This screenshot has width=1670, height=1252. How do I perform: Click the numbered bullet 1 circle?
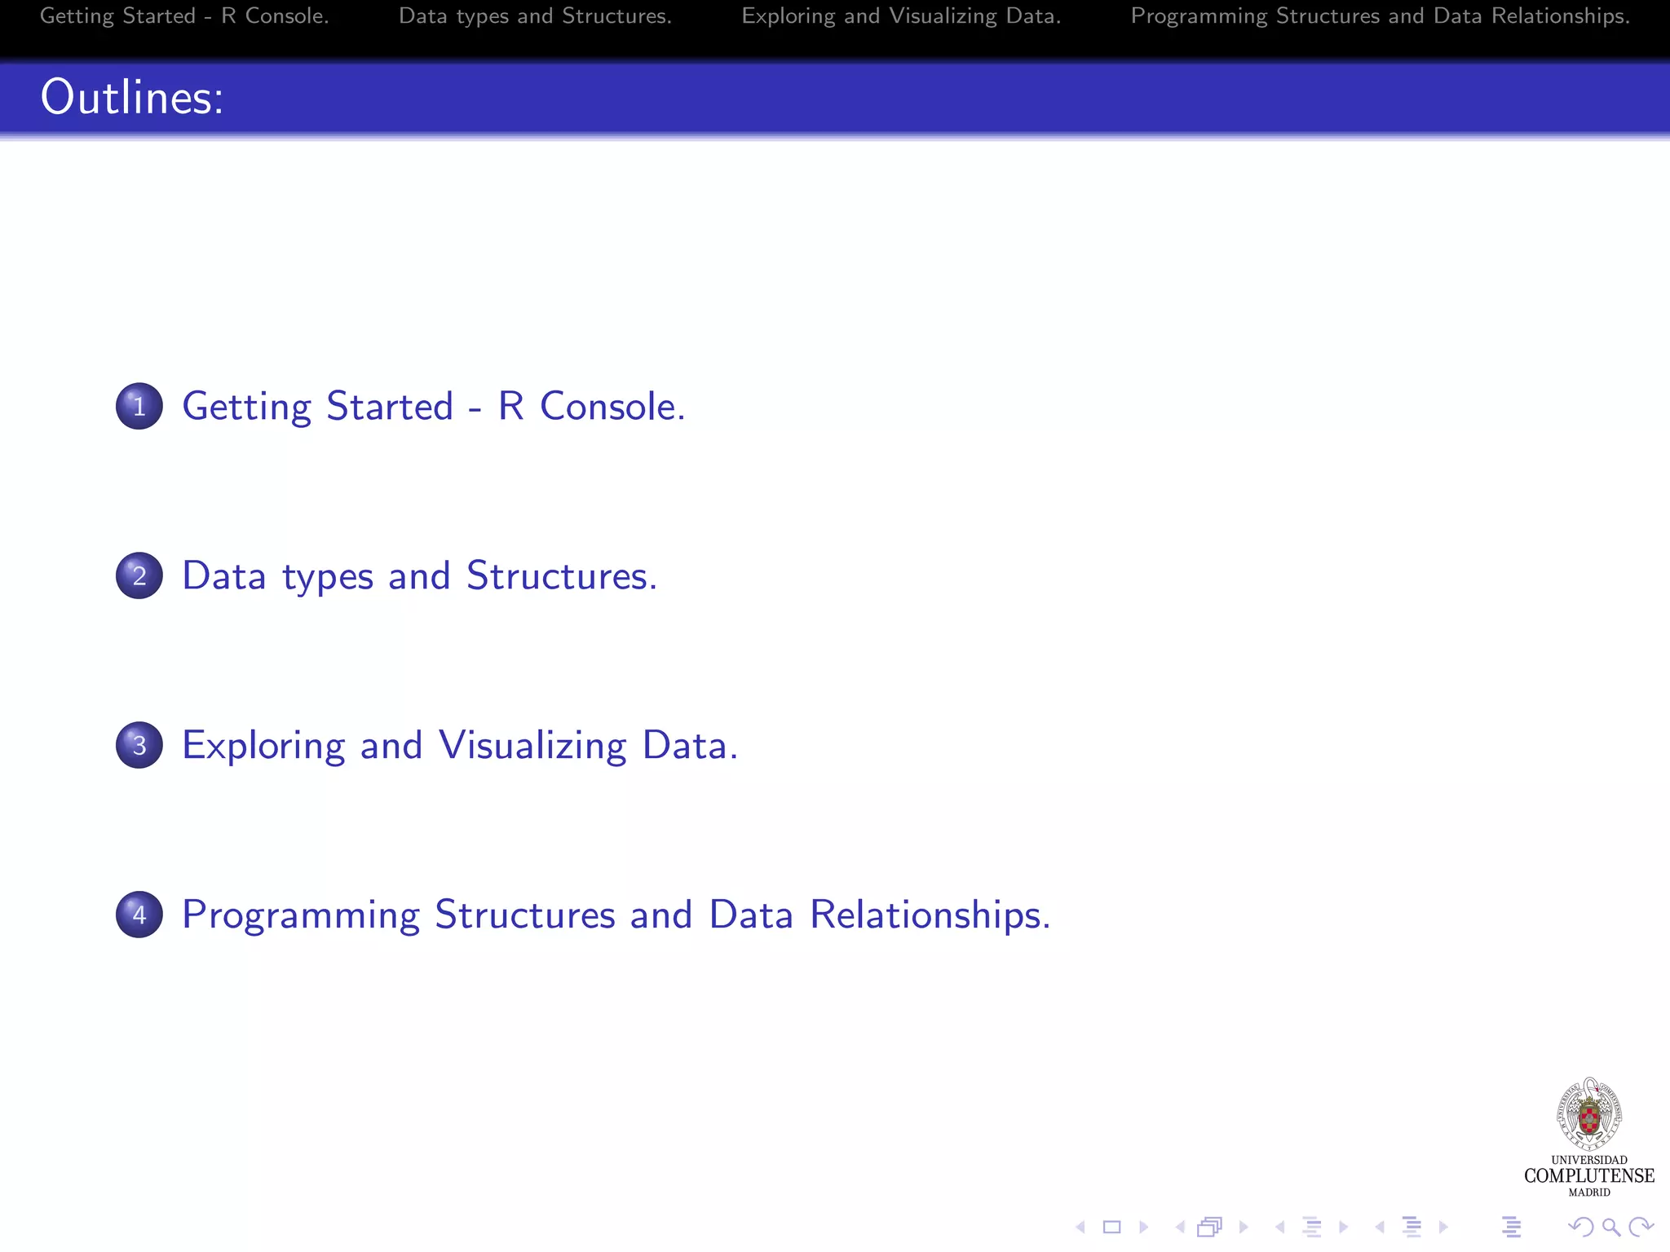[x=139, y=406]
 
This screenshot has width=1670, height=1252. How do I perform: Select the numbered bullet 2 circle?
[x=139, y=575]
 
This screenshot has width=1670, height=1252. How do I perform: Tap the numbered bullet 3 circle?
[x=139, y=745]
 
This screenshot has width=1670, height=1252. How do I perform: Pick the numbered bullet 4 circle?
[x=139, y=915]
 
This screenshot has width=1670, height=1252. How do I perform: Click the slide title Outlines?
[x=132, y=97]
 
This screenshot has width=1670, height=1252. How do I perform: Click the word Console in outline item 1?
[x=612, y=406]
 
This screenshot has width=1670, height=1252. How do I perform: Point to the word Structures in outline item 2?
[x=561, y=575]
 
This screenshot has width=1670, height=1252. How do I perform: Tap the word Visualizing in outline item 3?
[x=532, y=745]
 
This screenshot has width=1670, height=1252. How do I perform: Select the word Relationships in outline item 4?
[x=930, y=915]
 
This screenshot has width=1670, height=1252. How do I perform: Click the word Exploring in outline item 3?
[x=263, y=745]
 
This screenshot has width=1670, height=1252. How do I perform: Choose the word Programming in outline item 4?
[x=301, y=915]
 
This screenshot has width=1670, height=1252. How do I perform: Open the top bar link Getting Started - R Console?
[x=184, y=16]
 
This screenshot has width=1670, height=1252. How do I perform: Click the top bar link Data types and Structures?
[x=535, y=16]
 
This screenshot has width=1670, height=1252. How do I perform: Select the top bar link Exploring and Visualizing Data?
[x=901, y=16]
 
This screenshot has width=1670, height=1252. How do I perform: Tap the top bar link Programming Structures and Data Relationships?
[x=1380, y=16]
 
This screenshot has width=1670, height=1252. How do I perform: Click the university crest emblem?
[x=1589, y=1114]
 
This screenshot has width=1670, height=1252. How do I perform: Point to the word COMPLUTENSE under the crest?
[x=1589, y=1175]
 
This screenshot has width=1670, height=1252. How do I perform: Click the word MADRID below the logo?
[x=1589, y=1192]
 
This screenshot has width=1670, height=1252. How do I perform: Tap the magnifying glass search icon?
[x=1610, y=1227]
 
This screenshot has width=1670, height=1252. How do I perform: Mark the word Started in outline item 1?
[x=390, y=406]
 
